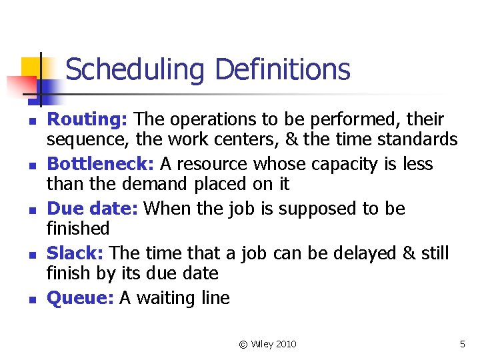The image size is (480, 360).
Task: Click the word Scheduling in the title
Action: click(136, 69)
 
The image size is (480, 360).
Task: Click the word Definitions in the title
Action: click(283, 69)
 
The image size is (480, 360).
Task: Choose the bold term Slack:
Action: click(75, 253)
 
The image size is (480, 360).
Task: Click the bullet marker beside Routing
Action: click(31, 121)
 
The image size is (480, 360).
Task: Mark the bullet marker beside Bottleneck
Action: click(31, 166)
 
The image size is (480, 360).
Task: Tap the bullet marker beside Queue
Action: click(31, 300)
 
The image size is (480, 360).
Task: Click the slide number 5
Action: click(462, 344)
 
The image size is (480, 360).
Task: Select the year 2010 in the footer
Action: click(285, 344)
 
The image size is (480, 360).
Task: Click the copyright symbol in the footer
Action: click(243, 344)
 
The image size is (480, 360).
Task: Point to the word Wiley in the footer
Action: click(261, 344)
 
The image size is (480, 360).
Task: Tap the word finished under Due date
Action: click(77, 229)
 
